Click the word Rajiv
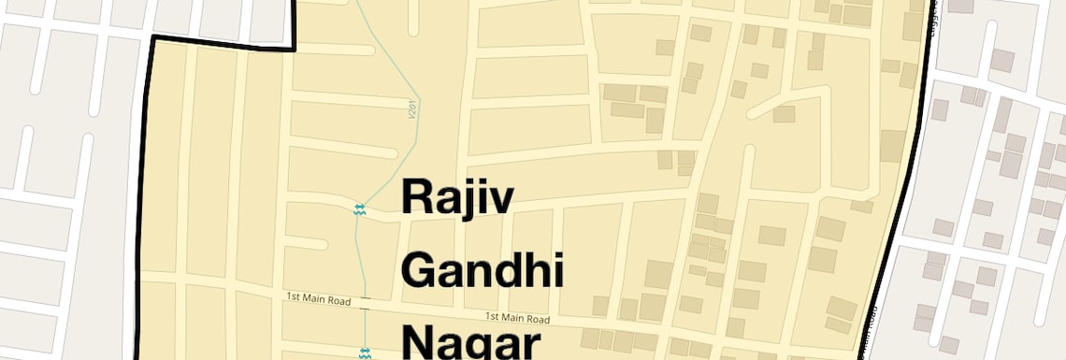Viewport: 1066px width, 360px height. click(x=457, y=198)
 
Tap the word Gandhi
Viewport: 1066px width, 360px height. click(x=483, y=270)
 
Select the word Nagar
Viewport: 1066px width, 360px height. click(x=471, y=341)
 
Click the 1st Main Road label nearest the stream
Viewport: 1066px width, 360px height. click(x=318, y=298)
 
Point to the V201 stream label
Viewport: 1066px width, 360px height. click(x=412, y=110)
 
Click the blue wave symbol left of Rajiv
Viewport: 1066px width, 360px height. click(x=359, y=209)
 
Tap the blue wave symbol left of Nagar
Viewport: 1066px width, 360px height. click(x=365, y=353)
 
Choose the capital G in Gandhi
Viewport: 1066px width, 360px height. click(x=420, y=270)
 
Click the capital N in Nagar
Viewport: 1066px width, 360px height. click(x=419, y=341)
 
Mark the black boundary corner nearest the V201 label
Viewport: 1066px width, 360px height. click(x=294, y=49)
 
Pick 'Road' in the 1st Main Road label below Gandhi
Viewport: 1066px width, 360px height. click(x=535, y=319)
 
